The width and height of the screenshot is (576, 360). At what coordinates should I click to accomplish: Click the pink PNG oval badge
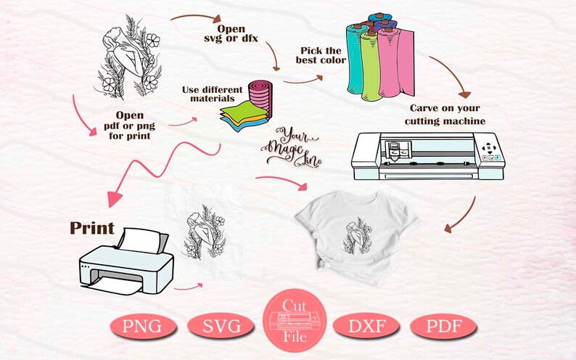(142, 326)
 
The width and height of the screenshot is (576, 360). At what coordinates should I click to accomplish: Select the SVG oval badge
(221, 326)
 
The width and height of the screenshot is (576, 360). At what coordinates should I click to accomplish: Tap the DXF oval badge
(366, 326)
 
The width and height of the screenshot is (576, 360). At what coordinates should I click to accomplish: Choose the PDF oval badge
(443, 326)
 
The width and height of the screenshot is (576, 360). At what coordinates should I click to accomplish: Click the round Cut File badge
(295, 320)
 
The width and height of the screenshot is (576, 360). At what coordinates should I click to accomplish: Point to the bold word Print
(92, 228)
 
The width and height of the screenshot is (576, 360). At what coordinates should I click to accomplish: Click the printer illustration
(126, 261)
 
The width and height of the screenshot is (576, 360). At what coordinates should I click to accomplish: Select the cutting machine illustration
(428, 156)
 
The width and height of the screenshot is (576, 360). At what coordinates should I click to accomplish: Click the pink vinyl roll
(396, 63)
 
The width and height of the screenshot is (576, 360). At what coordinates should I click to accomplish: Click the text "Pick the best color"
(321, 55)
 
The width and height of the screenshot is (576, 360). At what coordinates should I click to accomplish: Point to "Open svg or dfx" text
(231, 33)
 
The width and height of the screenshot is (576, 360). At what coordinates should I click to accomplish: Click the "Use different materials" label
(213, 94)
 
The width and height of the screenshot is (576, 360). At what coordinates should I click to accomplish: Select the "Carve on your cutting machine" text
(445, 115)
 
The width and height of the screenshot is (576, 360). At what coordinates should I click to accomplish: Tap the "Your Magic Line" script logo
(292, 147)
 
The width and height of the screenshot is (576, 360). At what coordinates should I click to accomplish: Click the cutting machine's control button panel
(489, 151)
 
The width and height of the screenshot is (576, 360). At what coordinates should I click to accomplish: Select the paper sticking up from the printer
(142, 241)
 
